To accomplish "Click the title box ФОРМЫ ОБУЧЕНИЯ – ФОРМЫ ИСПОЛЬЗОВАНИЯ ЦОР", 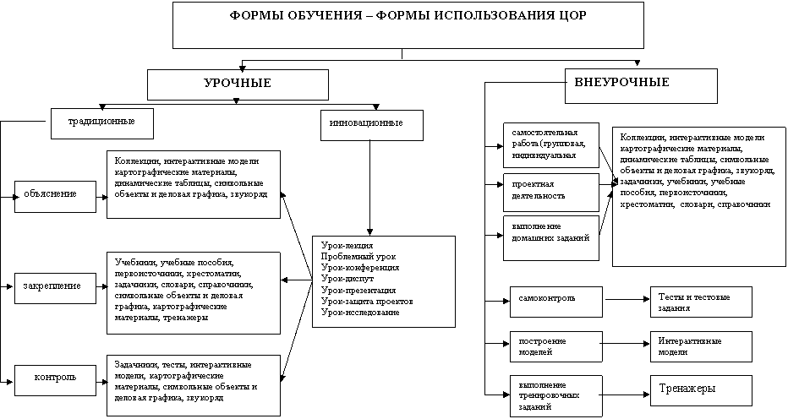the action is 408,25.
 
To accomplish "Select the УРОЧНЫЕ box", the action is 238,85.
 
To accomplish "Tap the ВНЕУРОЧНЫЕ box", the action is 641,86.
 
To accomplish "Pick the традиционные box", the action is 102,124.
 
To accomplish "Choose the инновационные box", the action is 372,125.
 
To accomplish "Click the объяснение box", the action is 55,197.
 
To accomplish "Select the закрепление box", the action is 55,288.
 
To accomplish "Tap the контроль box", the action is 55,380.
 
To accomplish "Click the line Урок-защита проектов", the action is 367,302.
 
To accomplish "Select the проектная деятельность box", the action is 551,193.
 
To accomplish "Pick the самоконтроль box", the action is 555,302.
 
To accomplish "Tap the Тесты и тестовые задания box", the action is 701,302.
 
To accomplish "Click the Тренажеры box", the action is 701,390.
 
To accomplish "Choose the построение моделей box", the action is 555,346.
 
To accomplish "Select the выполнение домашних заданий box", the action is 551,238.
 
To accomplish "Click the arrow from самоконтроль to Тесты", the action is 627,300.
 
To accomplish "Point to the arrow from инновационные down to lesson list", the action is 369,188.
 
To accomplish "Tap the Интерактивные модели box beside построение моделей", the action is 701,346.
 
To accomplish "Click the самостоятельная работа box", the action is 551,145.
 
